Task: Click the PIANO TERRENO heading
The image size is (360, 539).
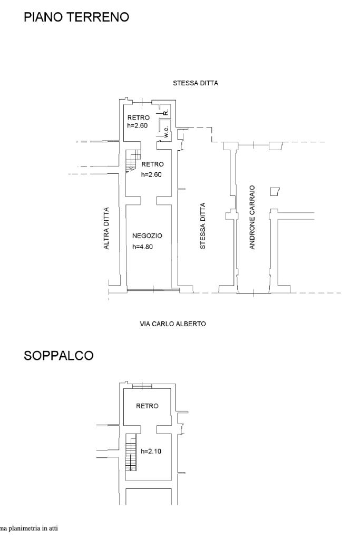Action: tap(76, 17)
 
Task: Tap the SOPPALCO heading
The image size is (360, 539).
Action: tap(59, 356)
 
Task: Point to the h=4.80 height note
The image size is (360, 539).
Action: tap(142, 246)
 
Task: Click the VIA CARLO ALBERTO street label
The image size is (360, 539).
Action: tap(172, 324)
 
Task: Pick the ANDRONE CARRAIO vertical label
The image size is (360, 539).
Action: tap(252, 217)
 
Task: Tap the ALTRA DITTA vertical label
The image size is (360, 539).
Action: tap(107, 228)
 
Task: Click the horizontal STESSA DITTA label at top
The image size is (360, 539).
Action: tap(196, 83)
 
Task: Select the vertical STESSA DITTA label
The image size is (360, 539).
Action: tap(203, 226)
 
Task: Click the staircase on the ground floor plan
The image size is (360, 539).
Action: tap(133, 160)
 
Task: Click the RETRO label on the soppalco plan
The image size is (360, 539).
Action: tap(147, 406)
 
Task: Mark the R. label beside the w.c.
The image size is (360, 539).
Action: tap(166, 112)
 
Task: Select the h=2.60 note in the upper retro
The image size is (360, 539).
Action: tap(138, 126)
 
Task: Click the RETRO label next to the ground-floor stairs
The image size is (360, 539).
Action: tap(152, 164)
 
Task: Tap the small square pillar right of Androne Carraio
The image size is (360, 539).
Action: tap(274, 191)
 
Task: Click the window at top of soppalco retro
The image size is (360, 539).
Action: tap(142, 386)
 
